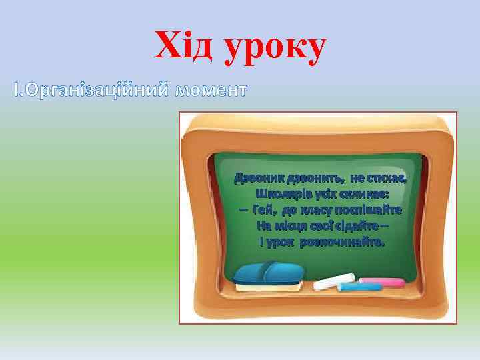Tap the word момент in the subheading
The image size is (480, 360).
210,89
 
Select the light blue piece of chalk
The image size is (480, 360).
360,287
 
